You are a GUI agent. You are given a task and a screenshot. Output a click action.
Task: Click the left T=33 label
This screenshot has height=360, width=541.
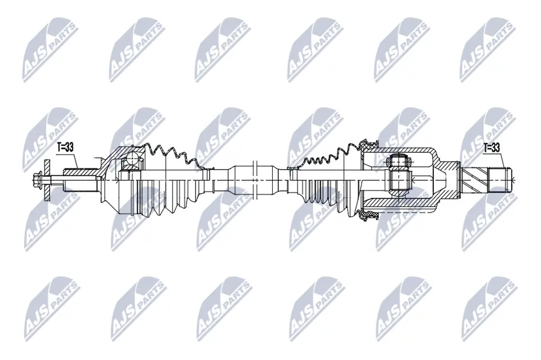[65, 148]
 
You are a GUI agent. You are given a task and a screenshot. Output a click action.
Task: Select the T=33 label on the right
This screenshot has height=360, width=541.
[492, 148]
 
